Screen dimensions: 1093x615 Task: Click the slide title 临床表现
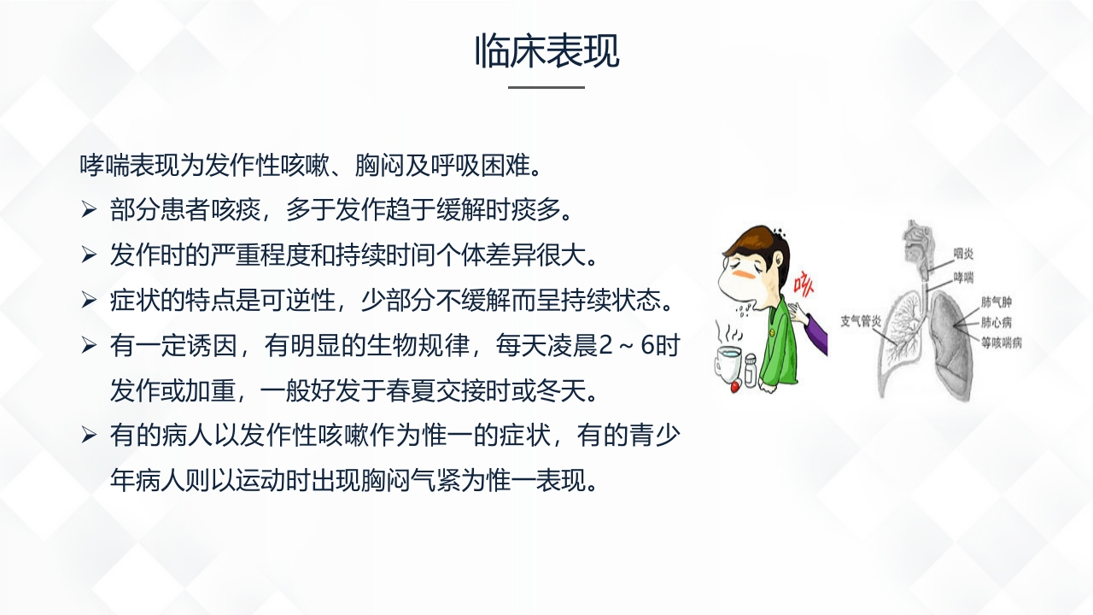[547, 50]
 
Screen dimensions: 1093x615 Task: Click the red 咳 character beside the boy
[804, 284]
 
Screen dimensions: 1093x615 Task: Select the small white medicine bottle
[751, 370]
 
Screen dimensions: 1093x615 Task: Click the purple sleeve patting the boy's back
[815, 333]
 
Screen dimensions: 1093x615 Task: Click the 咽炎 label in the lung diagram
[963, 254]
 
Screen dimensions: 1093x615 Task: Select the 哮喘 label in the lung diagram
[963, 278]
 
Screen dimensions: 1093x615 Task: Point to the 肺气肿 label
[997, 302]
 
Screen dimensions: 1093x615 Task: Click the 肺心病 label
[997, 323]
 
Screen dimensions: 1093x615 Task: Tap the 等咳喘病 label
[1002, 343]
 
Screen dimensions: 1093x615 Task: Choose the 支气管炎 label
[861, 321]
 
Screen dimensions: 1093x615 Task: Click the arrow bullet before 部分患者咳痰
[88, 210]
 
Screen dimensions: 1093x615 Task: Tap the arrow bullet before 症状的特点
[88, 300]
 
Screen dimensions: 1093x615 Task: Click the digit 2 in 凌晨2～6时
[605, 346]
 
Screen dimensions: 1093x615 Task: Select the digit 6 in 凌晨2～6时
[647, 346]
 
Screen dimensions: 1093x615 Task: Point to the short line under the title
[546, 87]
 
